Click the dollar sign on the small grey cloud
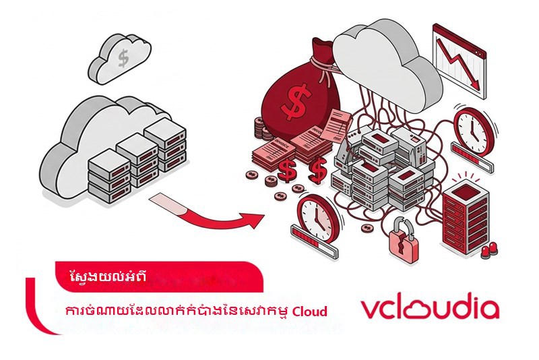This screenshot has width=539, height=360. (123, 58)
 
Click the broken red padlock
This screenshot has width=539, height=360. (404, 241)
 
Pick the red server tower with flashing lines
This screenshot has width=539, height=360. (465, 216)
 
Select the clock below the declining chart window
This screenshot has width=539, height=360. (474, 130)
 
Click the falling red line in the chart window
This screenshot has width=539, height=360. (457, 63)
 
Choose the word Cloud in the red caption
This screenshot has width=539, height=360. (310, 311)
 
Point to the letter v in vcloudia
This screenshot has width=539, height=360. (371, 309)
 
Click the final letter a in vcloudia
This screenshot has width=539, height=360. (489, 309)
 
